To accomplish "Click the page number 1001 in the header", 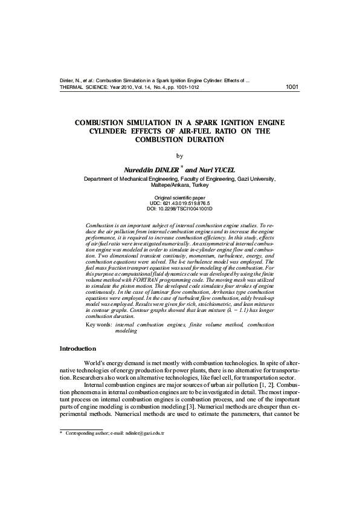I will [292, 86].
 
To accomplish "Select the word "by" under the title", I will [179, 155].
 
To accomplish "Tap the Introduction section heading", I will [77, 349].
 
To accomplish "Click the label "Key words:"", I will [98, 325].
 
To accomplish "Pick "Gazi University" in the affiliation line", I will [256, 180].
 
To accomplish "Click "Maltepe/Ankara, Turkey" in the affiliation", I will [179, 186].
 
